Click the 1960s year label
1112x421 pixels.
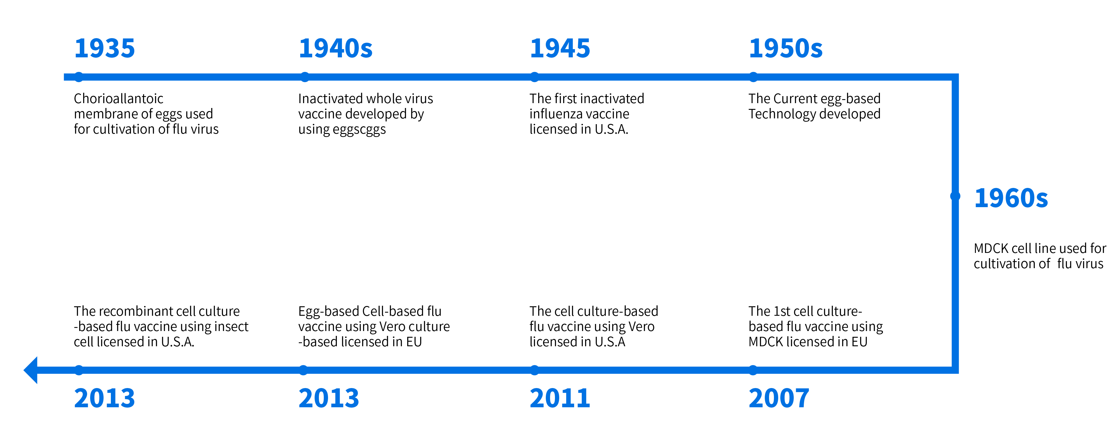point(1011,198)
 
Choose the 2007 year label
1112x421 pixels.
point(779,398)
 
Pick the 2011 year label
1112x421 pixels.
point(560,398)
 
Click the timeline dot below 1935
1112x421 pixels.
point(79,77)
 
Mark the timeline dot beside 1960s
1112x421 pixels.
point(955,196)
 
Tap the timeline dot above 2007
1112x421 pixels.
point(753,370)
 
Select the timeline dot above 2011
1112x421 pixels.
point(535,370)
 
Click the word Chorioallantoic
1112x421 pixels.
point(118,99)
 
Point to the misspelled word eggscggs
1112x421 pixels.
point(359,130)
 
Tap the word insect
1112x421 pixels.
point(231,326)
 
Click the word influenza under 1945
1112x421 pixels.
point(556,114)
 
